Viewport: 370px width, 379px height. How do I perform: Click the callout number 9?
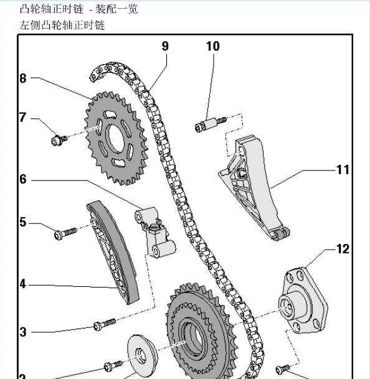point(165,46)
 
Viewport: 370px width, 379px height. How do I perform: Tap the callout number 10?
point(212,46)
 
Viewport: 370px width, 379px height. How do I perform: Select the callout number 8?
point(23,78)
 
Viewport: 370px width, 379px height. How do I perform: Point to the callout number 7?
point(23,117)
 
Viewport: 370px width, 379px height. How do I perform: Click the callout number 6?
point(23,179)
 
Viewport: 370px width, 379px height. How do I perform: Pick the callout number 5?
point(23,222)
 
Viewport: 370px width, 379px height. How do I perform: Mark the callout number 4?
point(23,284)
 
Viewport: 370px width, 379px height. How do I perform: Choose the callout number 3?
point(23,332)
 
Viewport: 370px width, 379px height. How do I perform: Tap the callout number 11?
point(343,169)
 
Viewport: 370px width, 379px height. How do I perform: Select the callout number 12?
point(343,249)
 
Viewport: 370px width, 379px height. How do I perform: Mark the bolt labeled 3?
point(104,324)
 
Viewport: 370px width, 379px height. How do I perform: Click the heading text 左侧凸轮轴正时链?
point(62,25)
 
